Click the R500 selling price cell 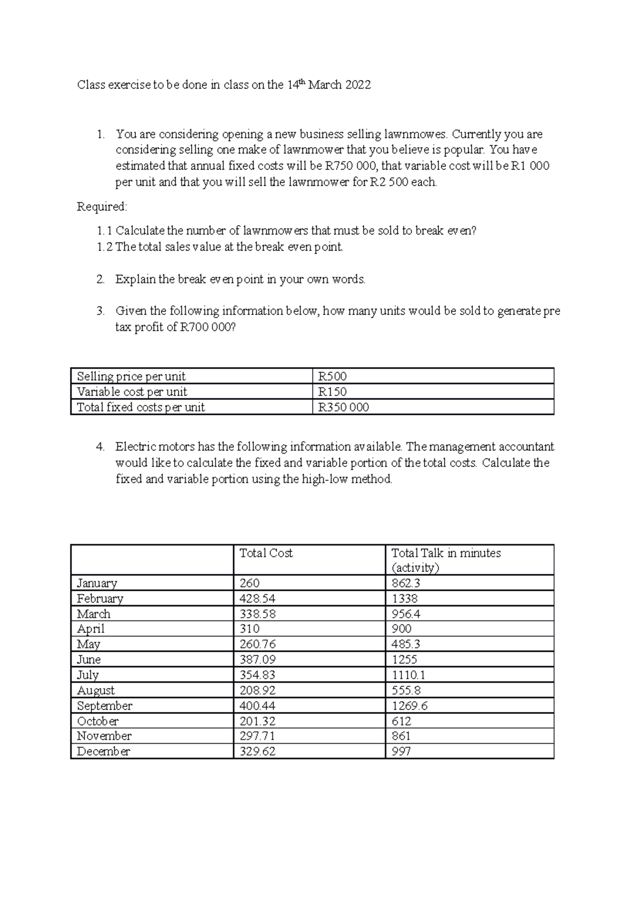332,377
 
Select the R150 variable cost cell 332,392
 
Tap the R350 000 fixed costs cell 343,407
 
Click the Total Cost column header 266,553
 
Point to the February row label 100,599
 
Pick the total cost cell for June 257,660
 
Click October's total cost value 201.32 257,721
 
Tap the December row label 103,752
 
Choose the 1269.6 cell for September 409,706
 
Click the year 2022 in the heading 358,85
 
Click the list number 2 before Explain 100,279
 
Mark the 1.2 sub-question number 105,247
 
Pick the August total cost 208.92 257,691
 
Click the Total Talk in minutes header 445,553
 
